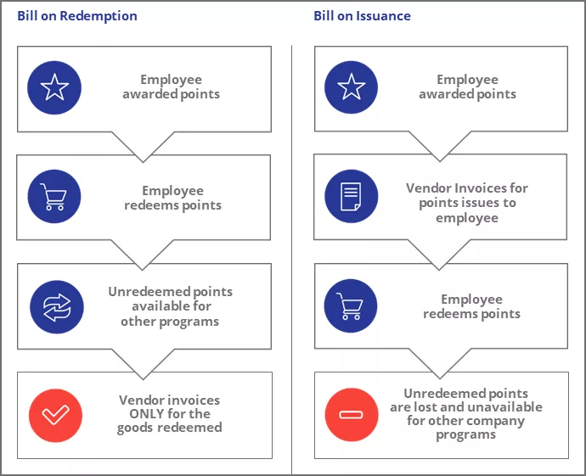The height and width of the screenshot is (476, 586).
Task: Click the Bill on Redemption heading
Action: pyautogui.click(x=77, y=16)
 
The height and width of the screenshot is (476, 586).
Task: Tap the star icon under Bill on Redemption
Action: pyautogui.click(x=54, y=87)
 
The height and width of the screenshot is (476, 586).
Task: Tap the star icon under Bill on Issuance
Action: pyautogui.click(x=352, y=87)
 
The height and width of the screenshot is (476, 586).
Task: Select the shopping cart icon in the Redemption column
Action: pyautogui.click(x=54, y=198)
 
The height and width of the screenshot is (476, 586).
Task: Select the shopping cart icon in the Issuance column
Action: pyautogui.click(x=352, y=306)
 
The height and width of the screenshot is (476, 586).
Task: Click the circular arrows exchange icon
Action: pyautogui.click(x=57, y=306)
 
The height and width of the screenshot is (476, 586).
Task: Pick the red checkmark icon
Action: pyautogui.click(x=55, y=415)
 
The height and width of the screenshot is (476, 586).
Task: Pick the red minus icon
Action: pyautogui.click(x=352, y=415)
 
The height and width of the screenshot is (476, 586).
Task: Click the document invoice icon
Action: pyautogui.click(x=352, y=196)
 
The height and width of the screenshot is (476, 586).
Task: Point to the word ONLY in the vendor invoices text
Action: pyautogui.click(x=139, y=414)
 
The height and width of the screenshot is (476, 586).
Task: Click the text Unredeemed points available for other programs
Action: pyautogui.click(x=170, y=306)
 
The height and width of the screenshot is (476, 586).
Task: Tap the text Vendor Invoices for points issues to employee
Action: pyautogui.click(x=467, y=204)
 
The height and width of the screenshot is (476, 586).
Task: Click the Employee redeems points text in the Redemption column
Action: pyautogui.click(x=173, y=198)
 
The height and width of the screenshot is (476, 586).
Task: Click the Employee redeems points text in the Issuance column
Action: pyautogui.click(x=471, y=306)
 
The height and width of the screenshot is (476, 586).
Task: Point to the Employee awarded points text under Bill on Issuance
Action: pyautogui.click(x=467, y=87)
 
